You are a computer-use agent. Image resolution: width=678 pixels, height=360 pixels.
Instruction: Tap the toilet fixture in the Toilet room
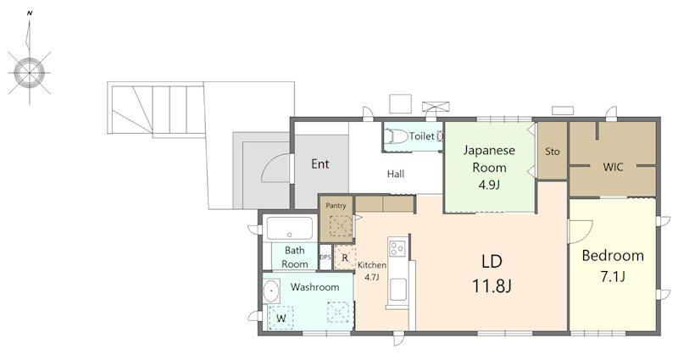tap(397, 136)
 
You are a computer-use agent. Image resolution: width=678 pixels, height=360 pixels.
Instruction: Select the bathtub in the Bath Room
tap(289, 228)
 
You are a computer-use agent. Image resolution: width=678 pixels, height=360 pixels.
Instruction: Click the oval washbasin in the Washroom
tap(271, 291)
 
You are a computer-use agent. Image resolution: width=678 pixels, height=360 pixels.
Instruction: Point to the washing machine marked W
tap(281, 318)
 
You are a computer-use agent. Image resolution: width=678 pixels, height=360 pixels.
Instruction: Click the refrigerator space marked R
tap(345, 258)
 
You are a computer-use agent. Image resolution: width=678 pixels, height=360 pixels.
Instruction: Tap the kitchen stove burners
tap(397, 248)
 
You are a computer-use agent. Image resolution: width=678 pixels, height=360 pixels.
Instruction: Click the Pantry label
tap(336, 206)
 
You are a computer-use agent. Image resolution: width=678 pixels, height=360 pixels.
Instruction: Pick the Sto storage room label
tap(553, 152)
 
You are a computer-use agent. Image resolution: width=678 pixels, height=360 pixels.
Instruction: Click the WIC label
tap(613, 167)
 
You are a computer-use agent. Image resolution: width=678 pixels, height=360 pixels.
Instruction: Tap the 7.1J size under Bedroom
tap(613, 277)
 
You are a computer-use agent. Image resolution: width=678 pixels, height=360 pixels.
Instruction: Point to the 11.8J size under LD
tap(492, 285)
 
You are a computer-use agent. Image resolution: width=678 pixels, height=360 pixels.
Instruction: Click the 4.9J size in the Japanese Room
tap(489, 185)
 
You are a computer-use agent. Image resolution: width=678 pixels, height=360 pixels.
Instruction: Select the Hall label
tap(396, 174)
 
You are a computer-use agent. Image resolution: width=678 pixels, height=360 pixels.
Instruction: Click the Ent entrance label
tap(320, 163)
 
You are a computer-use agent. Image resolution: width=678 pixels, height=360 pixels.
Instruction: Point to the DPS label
tap(325, 257)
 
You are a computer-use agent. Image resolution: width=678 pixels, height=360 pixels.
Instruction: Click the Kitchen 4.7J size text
tap(372, 278)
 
